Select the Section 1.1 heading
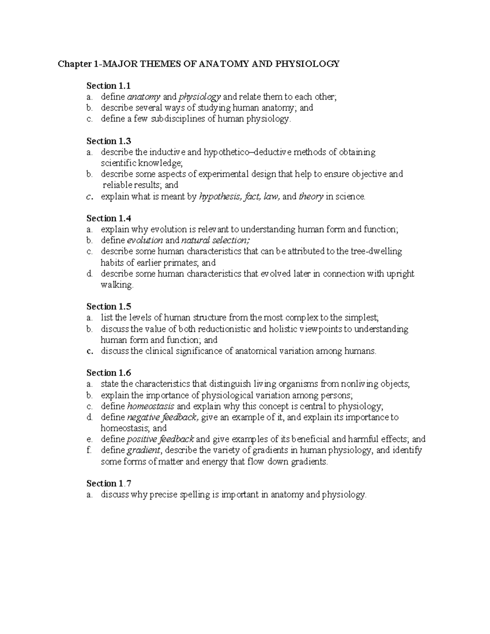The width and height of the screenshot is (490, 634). [x=109, y=86]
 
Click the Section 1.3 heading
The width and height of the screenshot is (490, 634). [x=109, y=141]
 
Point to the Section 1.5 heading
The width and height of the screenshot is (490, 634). [x=109, y=307]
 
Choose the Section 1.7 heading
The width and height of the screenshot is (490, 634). [x=109, y=484]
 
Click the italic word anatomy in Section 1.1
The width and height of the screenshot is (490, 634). [x=144, y=97]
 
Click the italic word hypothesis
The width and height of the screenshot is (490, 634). [x=219, y=197]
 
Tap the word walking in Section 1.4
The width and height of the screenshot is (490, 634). [x=117, y=285]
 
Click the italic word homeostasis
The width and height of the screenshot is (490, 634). [x=151, y=406]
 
